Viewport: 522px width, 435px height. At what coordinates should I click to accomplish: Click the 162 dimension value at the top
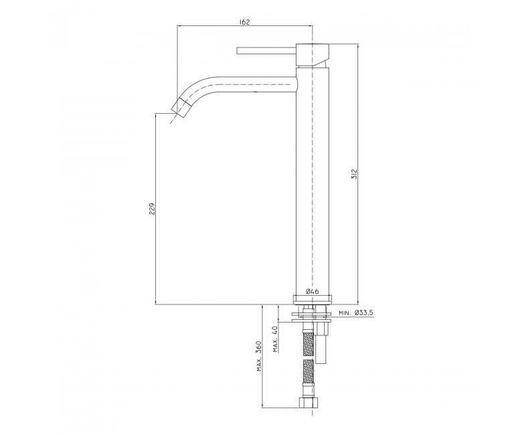(244, 21)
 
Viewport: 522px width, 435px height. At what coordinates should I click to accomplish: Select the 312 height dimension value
(354, 174)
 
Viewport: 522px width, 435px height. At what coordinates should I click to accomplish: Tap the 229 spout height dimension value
(152, 209)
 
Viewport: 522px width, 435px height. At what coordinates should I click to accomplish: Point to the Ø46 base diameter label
(312, 291)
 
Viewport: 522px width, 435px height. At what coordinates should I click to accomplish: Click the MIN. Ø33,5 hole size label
(356, 313)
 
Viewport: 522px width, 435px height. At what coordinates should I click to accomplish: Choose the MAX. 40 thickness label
(275, 339)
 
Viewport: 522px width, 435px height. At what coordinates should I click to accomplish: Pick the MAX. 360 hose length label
(259, 357)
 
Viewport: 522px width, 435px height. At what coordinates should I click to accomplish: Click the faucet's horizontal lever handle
(266, 51)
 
